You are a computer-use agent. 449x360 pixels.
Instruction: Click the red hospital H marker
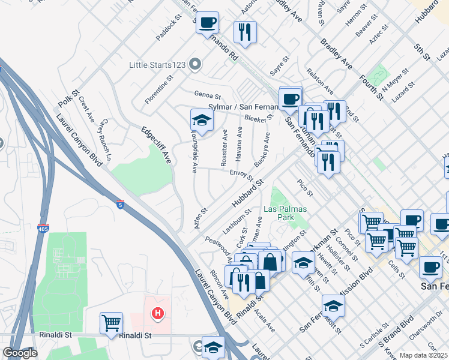coord(157,313)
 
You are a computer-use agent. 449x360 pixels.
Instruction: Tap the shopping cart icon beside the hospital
coord(111,323)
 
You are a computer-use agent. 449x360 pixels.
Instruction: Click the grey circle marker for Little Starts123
coord(194,64)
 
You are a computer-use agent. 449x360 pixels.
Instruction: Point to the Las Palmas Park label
coord(286,209)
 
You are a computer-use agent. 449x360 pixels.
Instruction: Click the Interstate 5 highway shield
coord(120,204)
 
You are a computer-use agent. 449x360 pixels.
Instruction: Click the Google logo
coord(20,353)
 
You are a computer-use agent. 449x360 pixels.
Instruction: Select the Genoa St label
coord(208,95)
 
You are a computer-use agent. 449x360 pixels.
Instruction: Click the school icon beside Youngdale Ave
coord(202,120)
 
